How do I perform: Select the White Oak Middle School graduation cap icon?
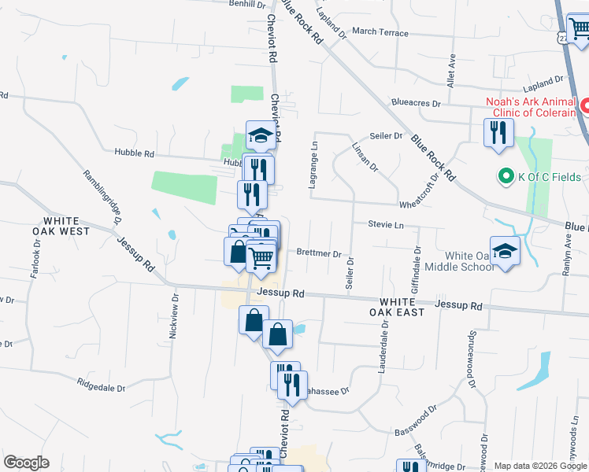[x=505, y=251]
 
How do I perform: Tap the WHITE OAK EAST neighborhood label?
[x=402, y=307]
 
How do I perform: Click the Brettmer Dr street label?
[x=319, y=254]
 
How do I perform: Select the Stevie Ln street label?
[x=386, y=225]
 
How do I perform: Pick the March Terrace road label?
[x=380, y=32]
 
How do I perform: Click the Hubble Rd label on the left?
[x=132, y=153]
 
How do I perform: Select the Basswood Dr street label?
[x=416, y=420]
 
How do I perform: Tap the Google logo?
[x=26, y=463]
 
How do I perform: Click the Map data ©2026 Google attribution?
[x=540, y=466]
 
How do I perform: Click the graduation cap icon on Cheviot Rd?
[x=261, y=135]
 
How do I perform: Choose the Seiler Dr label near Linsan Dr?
[x=386, y=136]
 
